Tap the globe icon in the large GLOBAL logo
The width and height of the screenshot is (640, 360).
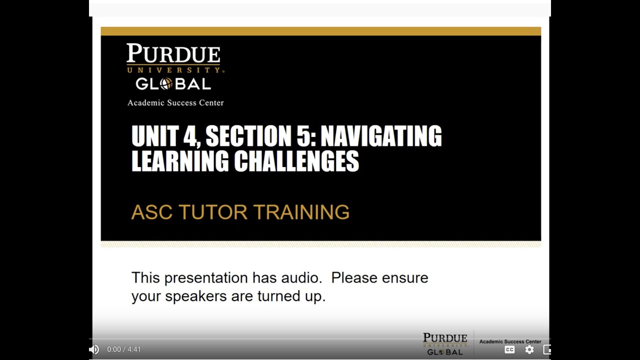(166, 84)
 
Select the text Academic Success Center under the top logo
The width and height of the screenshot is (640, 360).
(175, 103)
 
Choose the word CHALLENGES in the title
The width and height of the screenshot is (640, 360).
(296, 161)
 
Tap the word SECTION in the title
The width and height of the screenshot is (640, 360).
(245, 136)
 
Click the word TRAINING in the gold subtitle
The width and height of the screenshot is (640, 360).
(301, 212)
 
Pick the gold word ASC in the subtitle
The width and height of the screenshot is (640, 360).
(151, 212)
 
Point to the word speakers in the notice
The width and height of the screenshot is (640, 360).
(196, 296)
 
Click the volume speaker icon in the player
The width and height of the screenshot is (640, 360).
(94, 349)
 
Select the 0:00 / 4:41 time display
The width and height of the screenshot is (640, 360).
(124, 349)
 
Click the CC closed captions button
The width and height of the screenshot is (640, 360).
(509, 349)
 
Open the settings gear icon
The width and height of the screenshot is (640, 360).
(529, 349)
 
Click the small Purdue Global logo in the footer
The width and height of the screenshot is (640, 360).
(445, 344)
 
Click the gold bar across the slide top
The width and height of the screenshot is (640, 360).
(320, 31)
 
